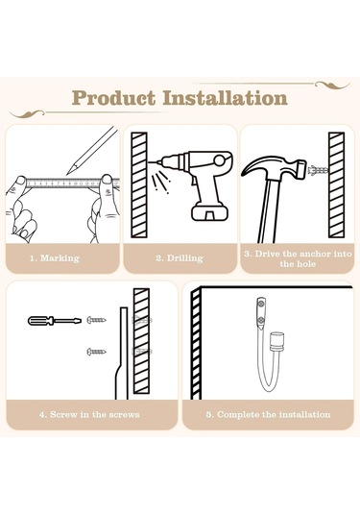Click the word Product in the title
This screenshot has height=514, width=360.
click(x=113, y=98)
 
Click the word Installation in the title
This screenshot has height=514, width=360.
click(x=226, y=98)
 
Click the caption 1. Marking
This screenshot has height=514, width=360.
click(x=55, y=258)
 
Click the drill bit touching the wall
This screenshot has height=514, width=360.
click(x=153, y=162)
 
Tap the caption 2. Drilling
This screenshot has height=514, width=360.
click(x=180, y=258)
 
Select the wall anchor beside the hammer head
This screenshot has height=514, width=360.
click(x=319, y=170)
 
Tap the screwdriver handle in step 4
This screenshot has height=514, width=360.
click(x=40, y=321)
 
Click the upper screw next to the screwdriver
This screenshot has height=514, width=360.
click(x=96, y=320)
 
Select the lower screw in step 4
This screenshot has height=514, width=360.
click(x=96, y=352)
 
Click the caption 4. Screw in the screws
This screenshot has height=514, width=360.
click(x=89, y=415)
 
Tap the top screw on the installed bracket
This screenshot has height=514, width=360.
click(x=262, y=304)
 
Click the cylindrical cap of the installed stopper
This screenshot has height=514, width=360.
click(x=276, y=341)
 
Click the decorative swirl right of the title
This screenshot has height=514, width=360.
click(x=332, y=86)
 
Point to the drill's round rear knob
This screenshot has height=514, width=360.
click(x=220, y=160)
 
